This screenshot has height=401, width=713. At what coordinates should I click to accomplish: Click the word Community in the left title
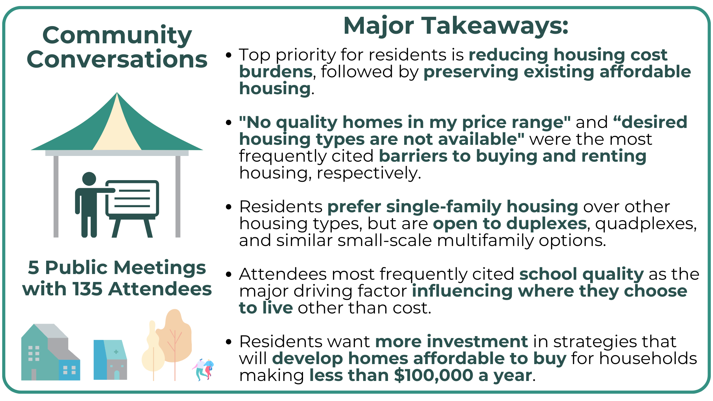117,35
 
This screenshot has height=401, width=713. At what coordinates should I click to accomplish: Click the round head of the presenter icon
89,179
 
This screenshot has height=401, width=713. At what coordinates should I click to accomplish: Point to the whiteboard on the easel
132,198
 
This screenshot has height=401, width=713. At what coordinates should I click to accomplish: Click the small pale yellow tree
153,353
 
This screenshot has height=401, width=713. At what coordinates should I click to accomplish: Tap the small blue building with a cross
110,360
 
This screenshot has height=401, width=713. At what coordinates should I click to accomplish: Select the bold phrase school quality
581,274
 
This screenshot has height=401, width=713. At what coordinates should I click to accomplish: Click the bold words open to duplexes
510,224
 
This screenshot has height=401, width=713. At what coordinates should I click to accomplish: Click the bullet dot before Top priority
228,55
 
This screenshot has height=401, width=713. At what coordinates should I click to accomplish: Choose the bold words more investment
451,342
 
